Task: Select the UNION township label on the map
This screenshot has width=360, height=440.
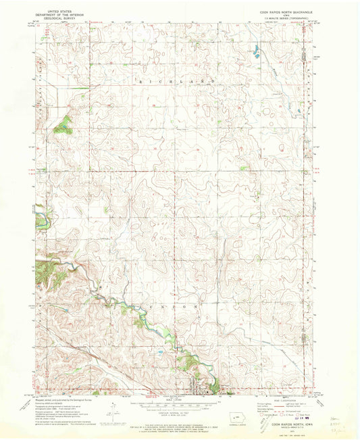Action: point(176,305)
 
